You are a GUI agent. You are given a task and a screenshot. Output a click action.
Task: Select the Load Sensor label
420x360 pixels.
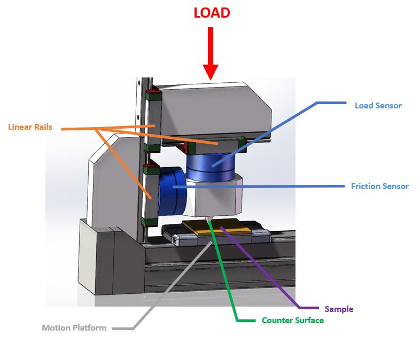click(378, 105)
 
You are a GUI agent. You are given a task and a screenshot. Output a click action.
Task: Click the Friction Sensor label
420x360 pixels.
click(379, 186)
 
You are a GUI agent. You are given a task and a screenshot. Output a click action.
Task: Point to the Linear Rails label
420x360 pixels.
click(30, 127)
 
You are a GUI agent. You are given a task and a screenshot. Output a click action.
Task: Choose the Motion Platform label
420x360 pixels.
click(74, 327)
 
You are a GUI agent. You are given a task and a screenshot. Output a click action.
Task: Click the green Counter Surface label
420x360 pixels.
click(292, 320)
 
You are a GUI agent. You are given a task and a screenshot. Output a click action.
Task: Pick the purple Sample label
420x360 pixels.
click(339, 309)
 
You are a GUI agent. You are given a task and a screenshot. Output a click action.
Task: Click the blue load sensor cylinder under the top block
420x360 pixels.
click(212, 165)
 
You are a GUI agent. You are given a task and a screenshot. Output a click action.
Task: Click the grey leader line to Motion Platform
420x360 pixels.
click(171, 286)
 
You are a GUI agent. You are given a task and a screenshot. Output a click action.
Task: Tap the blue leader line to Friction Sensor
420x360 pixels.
click(267, 186)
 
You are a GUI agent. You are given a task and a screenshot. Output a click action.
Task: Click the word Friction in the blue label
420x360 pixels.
click(365, 186)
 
